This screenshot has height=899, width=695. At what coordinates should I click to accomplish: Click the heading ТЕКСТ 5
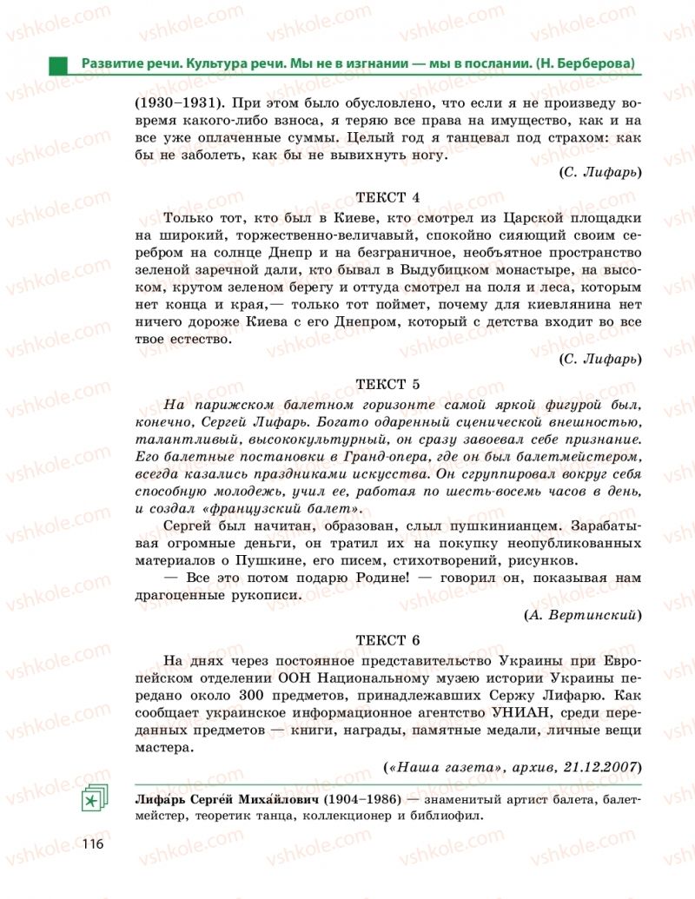(388, 383)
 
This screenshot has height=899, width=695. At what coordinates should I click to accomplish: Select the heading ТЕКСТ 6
(388, 640)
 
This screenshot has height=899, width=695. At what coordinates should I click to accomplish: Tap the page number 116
(93, 844)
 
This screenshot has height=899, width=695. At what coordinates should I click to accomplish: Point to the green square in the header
(57, 63)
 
